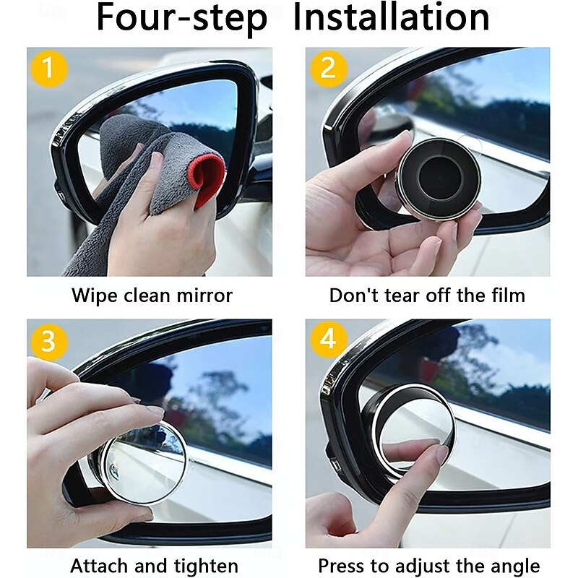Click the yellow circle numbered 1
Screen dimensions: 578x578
point(49,69)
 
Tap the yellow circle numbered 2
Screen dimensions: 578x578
point(329,69)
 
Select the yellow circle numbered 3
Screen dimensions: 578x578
point(49,340)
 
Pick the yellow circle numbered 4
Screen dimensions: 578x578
point(329,339)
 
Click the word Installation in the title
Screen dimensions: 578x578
point(391,17)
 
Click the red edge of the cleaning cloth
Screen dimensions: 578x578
point(207,180)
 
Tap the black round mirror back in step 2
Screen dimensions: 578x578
point(439,179)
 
